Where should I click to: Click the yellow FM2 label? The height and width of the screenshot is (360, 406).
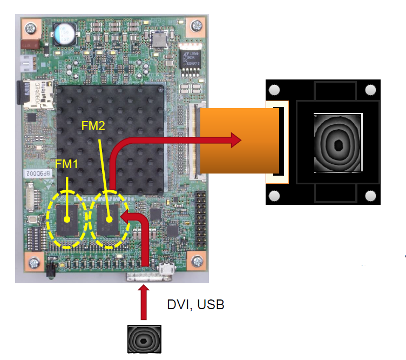(93, 125)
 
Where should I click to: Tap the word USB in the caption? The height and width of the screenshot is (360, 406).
(211, 305)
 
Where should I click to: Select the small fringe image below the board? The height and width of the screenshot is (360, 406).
(144, 339)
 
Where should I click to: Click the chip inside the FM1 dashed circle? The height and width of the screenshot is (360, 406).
(67, 219)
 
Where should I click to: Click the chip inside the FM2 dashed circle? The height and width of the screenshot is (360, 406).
(109, 219)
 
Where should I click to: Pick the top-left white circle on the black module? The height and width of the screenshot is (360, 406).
(274, 90)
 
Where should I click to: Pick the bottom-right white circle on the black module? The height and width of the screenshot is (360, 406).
(370, 195)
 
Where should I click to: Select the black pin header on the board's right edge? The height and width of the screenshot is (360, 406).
(201, 217)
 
